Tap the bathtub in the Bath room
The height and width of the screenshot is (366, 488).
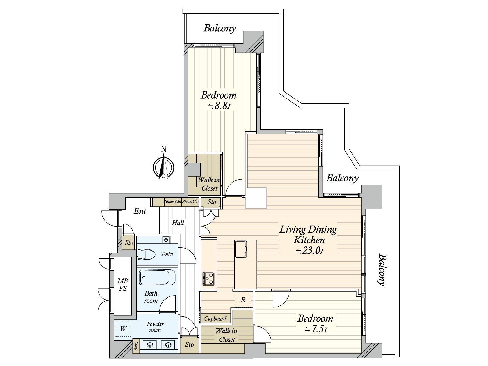[x=157, y=277]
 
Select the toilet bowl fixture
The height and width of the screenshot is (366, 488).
[x=146, y=254]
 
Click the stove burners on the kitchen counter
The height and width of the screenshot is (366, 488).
[x=208, y=279]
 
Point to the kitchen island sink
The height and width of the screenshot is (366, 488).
[x=241, y=249]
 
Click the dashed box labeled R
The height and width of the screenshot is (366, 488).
[x=243, y=300]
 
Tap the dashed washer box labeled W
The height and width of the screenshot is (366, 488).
[x=123, y=328]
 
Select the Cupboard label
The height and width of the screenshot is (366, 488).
[x=215, y=319]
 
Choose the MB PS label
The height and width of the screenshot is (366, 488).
[x=123, y=285]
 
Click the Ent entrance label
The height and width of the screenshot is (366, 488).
[x=140, y=211]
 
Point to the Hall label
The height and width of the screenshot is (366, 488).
[x=178, y=223]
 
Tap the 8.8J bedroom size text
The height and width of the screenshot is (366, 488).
[x=219, y=106]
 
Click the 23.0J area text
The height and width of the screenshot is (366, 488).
[x=309, y=251]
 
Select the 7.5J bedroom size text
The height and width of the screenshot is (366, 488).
[x=316, y=329]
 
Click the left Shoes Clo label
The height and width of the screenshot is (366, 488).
[x=173, y=202]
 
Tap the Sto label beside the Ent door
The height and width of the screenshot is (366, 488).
[x=129, y=242]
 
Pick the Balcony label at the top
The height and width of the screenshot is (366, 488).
[x=220, y=28]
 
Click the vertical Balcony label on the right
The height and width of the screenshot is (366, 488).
[x=382, y=270]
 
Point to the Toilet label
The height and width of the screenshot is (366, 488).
[x=167, y=253]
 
